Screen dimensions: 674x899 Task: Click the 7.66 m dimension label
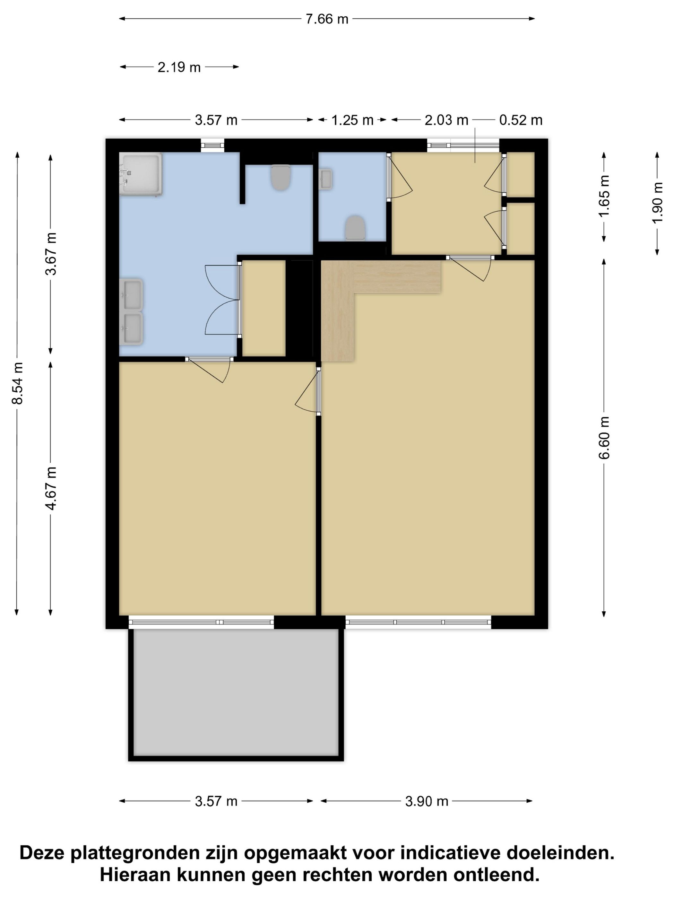coord(327,19)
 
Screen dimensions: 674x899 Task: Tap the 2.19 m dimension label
coord(179,67)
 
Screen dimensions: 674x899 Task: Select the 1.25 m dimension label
coord(352,120)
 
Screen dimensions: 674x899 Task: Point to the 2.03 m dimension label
coord(446,120)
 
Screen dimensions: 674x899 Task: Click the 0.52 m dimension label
coord(521,120)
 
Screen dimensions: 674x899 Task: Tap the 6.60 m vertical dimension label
coord(604,437)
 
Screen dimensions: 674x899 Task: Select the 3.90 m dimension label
coord(427,801)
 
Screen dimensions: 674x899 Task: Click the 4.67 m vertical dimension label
coord(51,488)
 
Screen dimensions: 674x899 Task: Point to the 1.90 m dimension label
coord(657,202)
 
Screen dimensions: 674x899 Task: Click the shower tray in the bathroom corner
coord(141,174)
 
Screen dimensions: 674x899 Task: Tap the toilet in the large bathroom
coord(281,177)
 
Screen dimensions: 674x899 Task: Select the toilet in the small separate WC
coord(355,228)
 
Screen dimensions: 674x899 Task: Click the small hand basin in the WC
coord(326,179)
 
